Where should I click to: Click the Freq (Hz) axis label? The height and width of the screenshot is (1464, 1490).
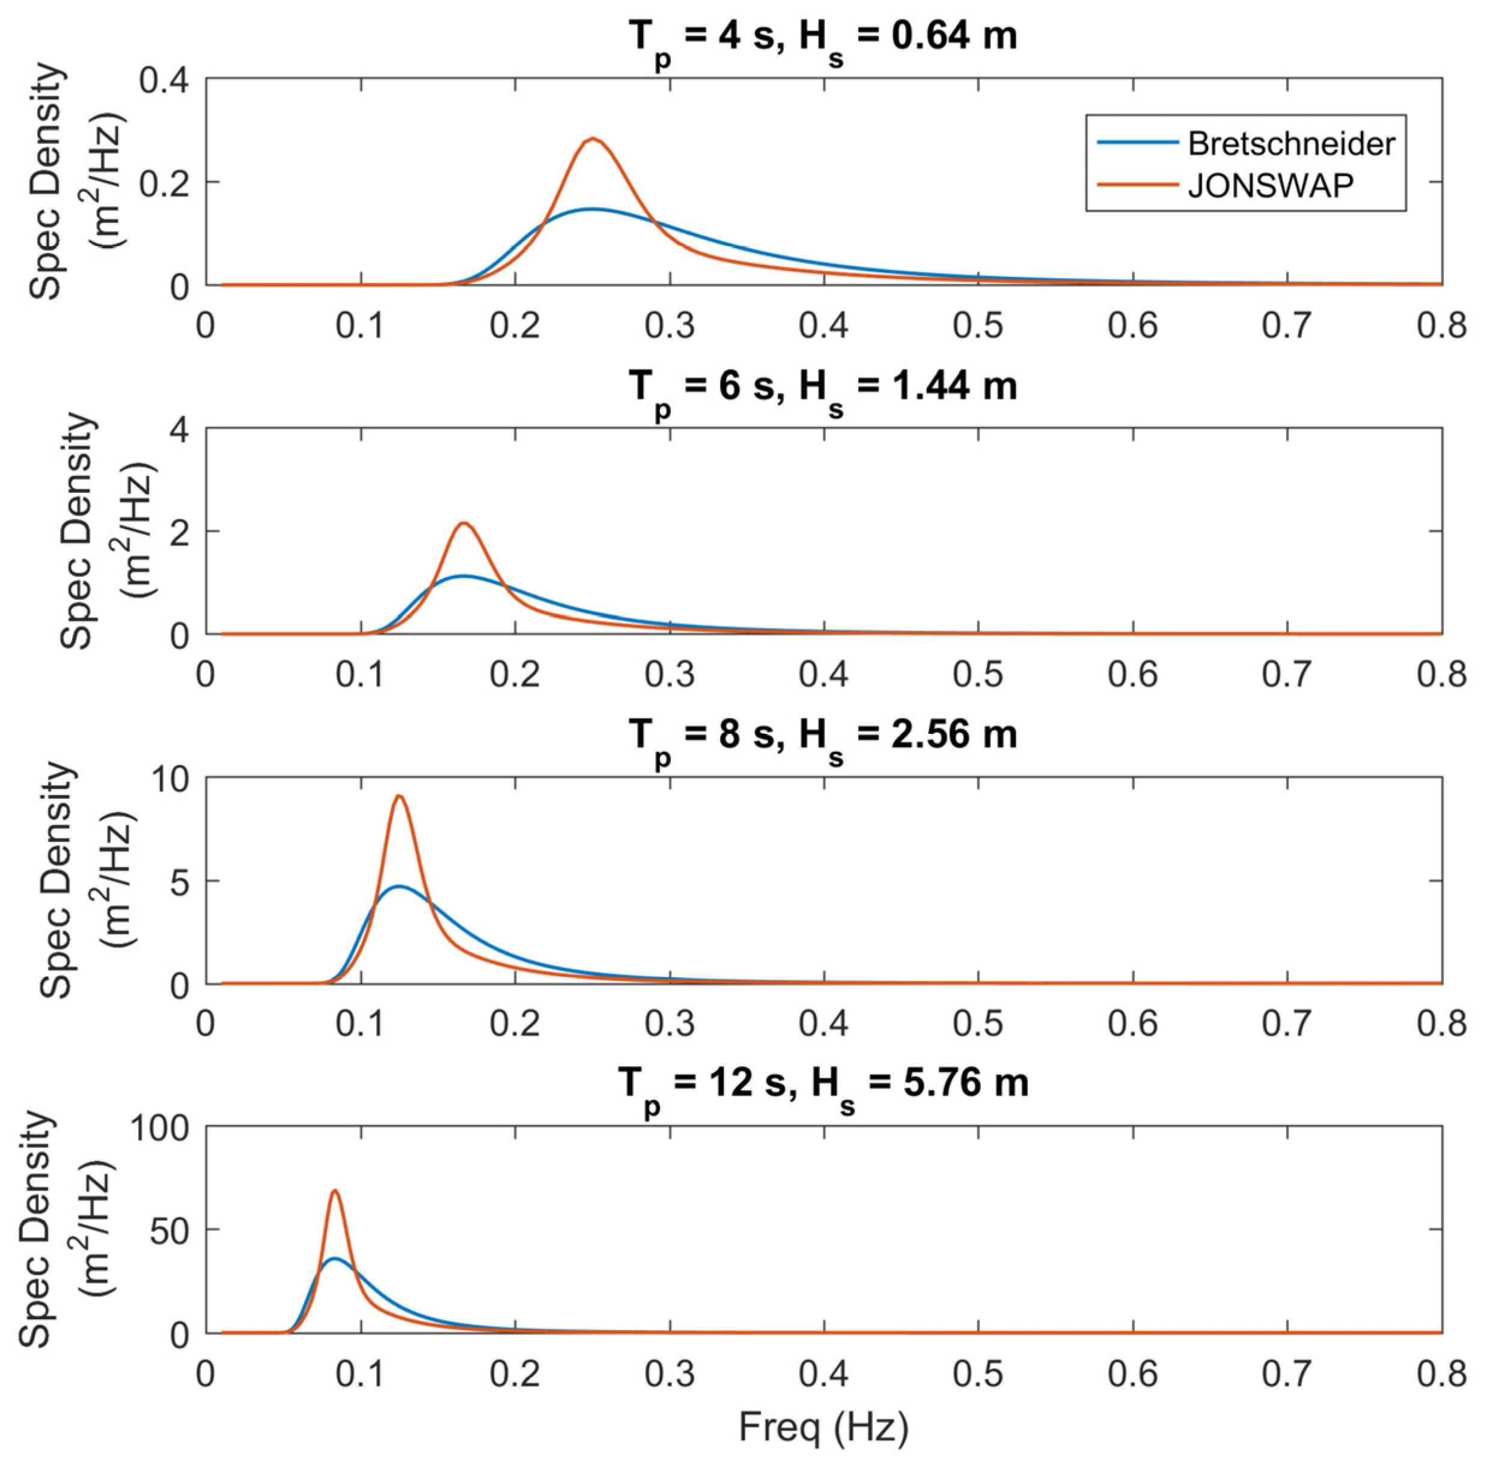click(x=823, y=1429)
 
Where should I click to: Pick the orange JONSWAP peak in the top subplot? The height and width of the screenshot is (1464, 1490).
click(x=593, y=139)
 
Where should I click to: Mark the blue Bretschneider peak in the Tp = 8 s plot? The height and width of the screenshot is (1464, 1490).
click(x=399, y=886)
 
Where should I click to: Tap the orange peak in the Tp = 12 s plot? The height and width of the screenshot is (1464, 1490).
click(x=334, y=1191)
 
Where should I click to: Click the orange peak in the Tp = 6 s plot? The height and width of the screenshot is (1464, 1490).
click(x=465, y=523)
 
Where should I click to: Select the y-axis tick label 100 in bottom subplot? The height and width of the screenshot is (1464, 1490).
click(x=159, y=1129)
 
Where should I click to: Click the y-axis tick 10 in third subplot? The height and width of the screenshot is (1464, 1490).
click(x=169, y=779)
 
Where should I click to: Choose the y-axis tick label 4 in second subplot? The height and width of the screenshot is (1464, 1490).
click(x=179, y=430)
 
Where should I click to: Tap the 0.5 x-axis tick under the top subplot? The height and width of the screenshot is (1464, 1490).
click(x=978, y=326)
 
